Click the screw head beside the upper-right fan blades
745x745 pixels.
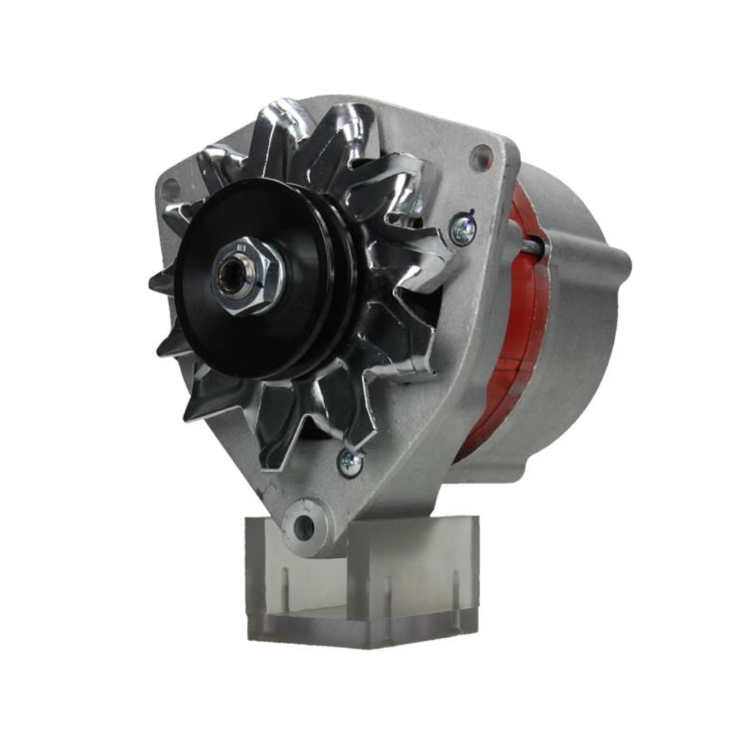click(x=463, y=228)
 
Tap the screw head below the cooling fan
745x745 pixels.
click(x=350, y=463)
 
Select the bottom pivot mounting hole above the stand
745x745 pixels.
click(x=304, y=527)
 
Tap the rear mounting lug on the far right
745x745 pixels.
click(x=620, y=262)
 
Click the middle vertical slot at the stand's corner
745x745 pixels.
click(x=387, y=596)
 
